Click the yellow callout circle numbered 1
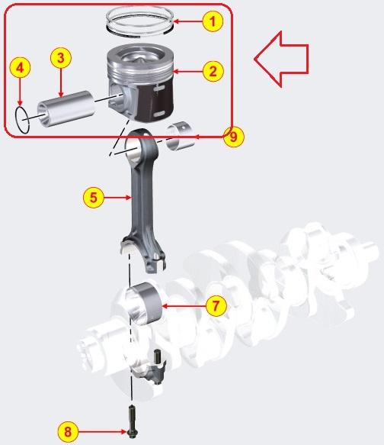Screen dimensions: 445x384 (x=214, y=21)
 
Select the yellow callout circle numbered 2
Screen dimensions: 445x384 (x=213, y=72)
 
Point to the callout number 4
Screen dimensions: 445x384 (x=21, y=68)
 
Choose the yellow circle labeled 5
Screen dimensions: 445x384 (x=93, y=198)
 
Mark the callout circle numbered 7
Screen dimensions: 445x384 (x=216, y=306)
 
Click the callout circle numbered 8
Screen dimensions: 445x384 (x=68, y=431)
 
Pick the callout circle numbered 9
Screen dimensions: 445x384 (x=234, y=137)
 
